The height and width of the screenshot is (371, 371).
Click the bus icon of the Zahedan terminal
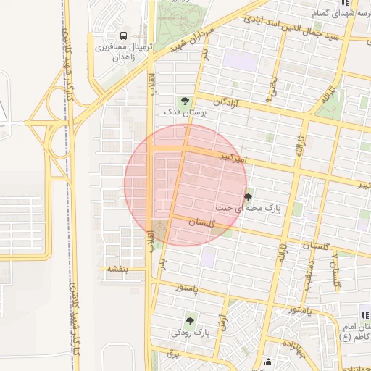123,35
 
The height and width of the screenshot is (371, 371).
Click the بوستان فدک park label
185,113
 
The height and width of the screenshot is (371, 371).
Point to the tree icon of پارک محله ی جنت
249,196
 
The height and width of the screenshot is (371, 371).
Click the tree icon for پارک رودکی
191,320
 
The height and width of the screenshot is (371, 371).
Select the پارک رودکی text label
190,333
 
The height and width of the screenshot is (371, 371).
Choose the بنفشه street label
117,269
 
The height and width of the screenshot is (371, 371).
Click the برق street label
172,354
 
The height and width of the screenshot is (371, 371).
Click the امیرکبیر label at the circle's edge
235,157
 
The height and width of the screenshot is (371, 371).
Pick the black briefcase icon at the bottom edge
270,364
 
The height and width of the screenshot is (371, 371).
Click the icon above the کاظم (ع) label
364,317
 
